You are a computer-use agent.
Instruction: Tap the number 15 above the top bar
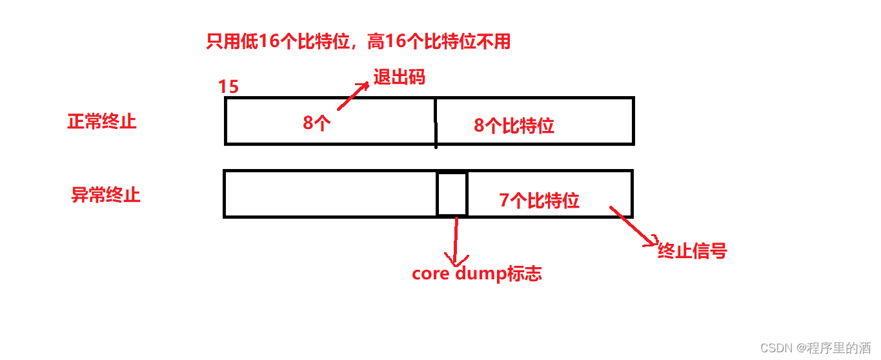(228, 87)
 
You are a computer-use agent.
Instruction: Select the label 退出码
(399, 77)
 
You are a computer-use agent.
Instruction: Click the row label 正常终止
(102, 121)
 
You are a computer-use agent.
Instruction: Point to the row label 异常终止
(105, 195)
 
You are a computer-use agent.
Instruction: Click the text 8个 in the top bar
(317, 123)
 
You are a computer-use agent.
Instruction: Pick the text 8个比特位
(514, 126)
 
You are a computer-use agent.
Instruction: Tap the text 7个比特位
(540, 201)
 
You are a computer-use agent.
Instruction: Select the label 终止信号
(692, 251)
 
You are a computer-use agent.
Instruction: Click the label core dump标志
(476, 274)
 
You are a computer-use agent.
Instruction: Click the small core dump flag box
(452, 194)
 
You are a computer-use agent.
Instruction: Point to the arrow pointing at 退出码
(353, 97)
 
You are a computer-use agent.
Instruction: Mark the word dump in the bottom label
(480, 274)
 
